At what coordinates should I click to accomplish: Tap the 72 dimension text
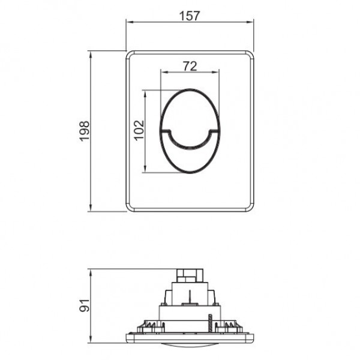[190, 67]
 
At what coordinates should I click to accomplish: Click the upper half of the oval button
[191, 108]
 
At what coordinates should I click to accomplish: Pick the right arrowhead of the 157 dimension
[253, 22]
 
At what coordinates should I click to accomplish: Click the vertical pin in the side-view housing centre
[190, 297]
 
